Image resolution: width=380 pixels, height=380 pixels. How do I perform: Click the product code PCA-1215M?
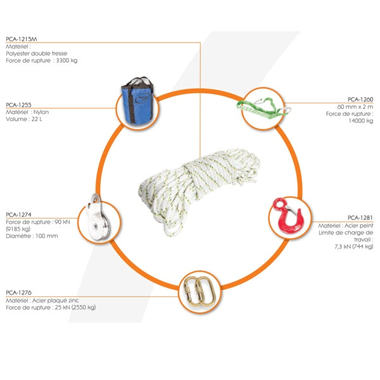22,39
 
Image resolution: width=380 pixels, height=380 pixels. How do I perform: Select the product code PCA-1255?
18,105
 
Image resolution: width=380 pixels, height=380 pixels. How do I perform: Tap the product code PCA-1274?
18,215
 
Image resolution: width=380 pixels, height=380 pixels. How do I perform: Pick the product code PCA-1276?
18,293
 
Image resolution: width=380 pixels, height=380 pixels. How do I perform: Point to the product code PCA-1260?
360,99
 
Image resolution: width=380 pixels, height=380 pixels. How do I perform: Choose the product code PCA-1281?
360,218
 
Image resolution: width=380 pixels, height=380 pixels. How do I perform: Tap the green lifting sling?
263,108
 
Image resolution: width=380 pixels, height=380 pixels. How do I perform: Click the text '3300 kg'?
67,61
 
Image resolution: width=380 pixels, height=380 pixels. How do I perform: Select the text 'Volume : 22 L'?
24,119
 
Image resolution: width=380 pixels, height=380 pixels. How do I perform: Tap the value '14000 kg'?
361,121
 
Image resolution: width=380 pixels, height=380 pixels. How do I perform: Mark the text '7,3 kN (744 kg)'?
354,247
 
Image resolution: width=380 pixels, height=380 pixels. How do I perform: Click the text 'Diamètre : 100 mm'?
32,236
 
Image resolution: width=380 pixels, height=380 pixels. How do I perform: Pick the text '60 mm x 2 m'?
355,107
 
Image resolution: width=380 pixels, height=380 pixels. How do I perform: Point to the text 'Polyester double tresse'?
36,54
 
